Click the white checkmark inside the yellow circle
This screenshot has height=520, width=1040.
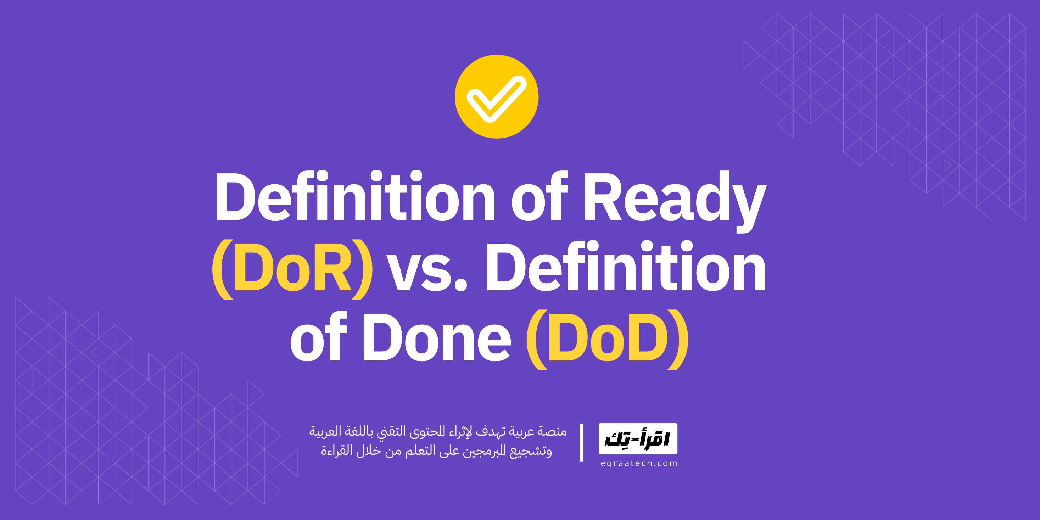coord(496,98)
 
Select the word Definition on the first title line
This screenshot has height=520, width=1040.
coord(355,197)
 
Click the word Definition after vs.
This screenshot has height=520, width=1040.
coord(625,267)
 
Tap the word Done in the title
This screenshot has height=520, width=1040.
coord(437,338)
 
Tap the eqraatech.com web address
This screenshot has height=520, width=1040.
coord(639,464)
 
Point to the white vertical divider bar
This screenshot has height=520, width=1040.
coord(581,442)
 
